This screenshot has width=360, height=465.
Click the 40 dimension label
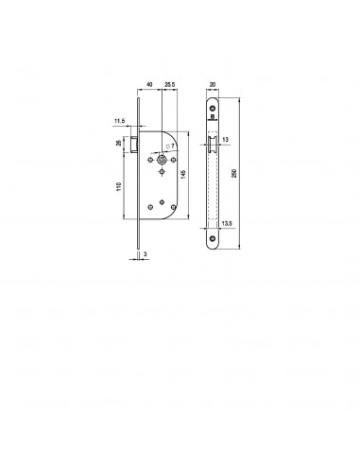[149, 84]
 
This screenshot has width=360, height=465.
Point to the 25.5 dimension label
[170, 84]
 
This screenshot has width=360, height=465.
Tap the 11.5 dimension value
[120, 121]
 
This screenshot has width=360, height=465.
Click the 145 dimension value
[183, 174]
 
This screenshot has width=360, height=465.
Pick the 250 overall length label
[234, 173]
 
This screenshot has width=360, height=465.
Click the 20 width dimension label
[213, 84]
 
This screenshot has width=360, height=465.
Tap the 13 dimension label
[225, 140]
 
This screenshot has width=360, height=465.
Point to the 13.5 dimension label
[227, 223]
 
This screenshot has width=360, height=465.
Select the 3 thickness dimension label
[145, 253]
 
